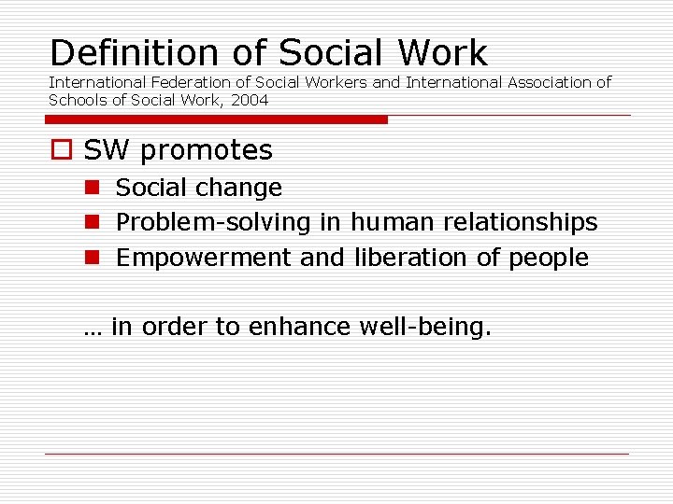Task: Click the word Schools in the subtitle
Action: click(x=79, y=100)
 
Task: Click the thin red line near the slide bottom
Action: click(x=336, y=455)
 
